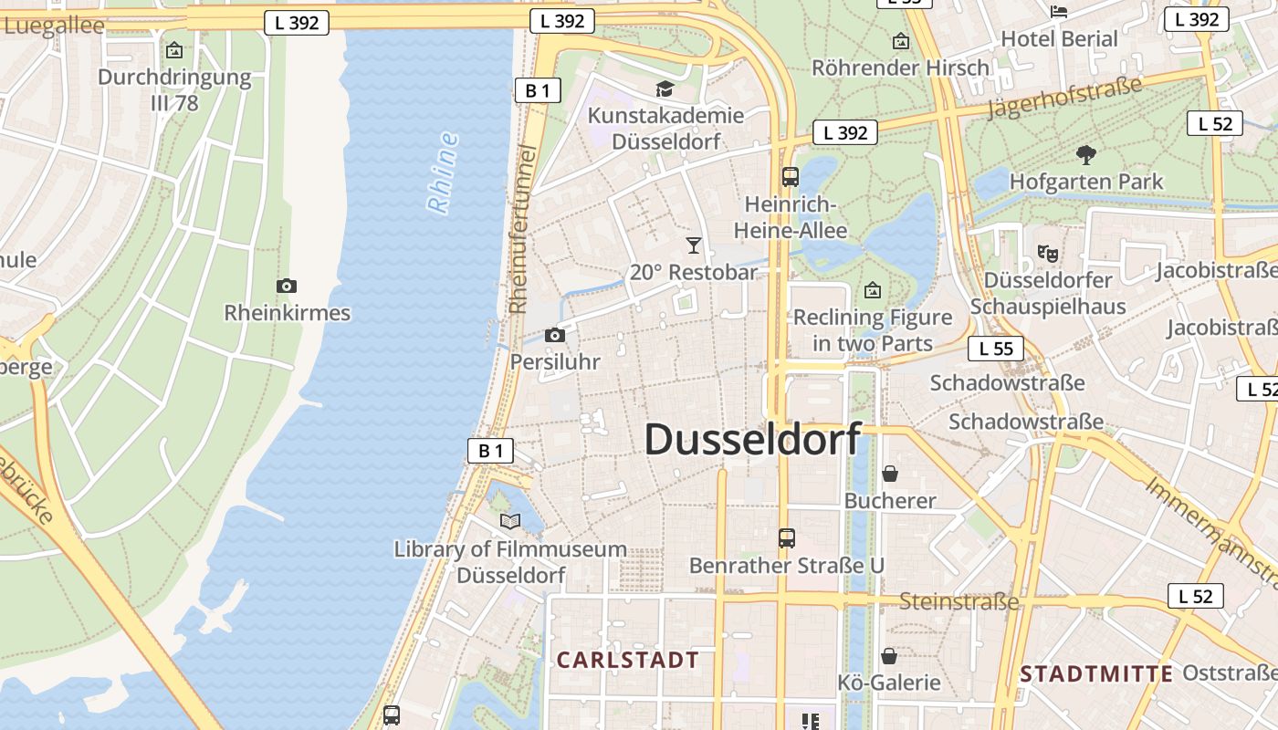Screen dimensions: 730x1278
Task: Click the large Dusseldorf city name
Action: click(x=752, y=439)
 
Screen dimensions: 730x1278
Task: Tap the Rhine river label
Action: click(x=443, y=173)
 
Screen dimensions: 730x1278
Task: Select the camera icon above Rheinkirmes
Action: click(x=287, y=286)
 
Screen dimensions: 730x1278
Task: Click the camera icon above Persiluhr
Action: click(x=554, y=335)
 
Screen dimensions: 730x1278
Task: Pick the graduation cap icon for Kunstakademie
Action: click(x=665, y=89)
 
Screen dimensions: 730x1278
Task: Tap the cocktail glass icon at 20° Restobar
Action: click(x=694, y=245)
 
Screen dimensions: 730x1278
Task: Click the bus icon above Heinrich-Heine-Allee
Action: click(x=791, y=177)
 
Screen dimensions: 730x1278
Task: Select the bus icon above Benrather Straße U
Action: click(x=787, y=538)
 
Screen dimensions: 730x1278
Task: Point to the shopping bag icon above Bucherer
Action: click(x=890, y=473)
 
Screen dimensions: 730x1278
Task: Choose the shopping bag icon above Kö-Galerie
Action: click(x=888, y=655)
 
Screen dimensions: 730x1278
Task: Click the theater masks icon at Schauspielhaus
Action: click(x=1047, y=252)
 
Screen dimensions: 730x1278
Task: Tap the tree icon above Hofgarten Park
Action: click(x=1086, y=154)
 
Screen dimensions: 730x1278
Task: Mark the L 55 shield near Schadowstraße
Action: click(x=996, y=348)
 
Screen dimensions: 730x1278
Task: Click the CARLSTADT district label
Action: click(x=628, y=660)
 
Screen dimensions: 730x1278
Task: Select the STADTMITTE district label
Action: click(x=1096, y=674)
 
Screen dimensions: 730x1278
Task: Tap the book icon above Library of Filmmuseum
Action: click(x=510, y=521)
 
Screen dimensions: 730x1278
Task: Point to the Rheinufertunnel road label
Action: click(x=519, y=228)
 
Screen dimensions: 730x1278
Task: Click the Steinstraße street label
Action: click(x=958, y=601)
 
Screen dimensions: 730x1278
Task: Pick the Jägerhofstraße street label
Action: click(x=1064, y=98)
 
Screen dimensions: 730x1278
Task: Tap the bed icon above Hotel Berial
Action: click(x=1059, y=11)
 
